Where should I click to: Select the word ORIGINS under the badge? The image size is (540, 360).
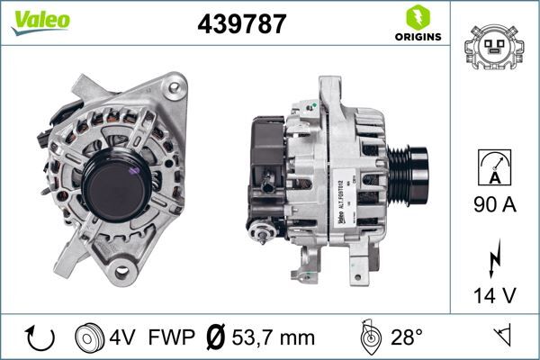pyautogui.click(x=417, y=37)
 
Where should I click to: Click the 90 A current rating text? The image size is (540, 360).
pyautogui.click(x=495, y=205)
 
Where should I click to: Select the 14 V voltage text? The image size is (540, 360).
pyautogui.click(x=495, y=295)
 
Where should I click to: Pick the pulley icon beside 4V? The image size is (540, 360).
pyautogui.click(x=90, y=337)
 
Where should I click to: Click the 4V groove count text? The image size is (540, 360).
pyautogui.click(x=125, y=337)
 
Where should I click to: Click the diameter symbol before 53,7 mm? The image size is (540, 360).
pyautogui.click(x=215, y=337)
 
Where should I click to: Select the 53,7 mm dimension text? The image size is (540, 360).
pyautogui.click(x=274, y=337)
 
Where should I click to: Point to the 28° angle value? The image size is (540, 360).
pyautogui.click(x=407, y=337)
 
